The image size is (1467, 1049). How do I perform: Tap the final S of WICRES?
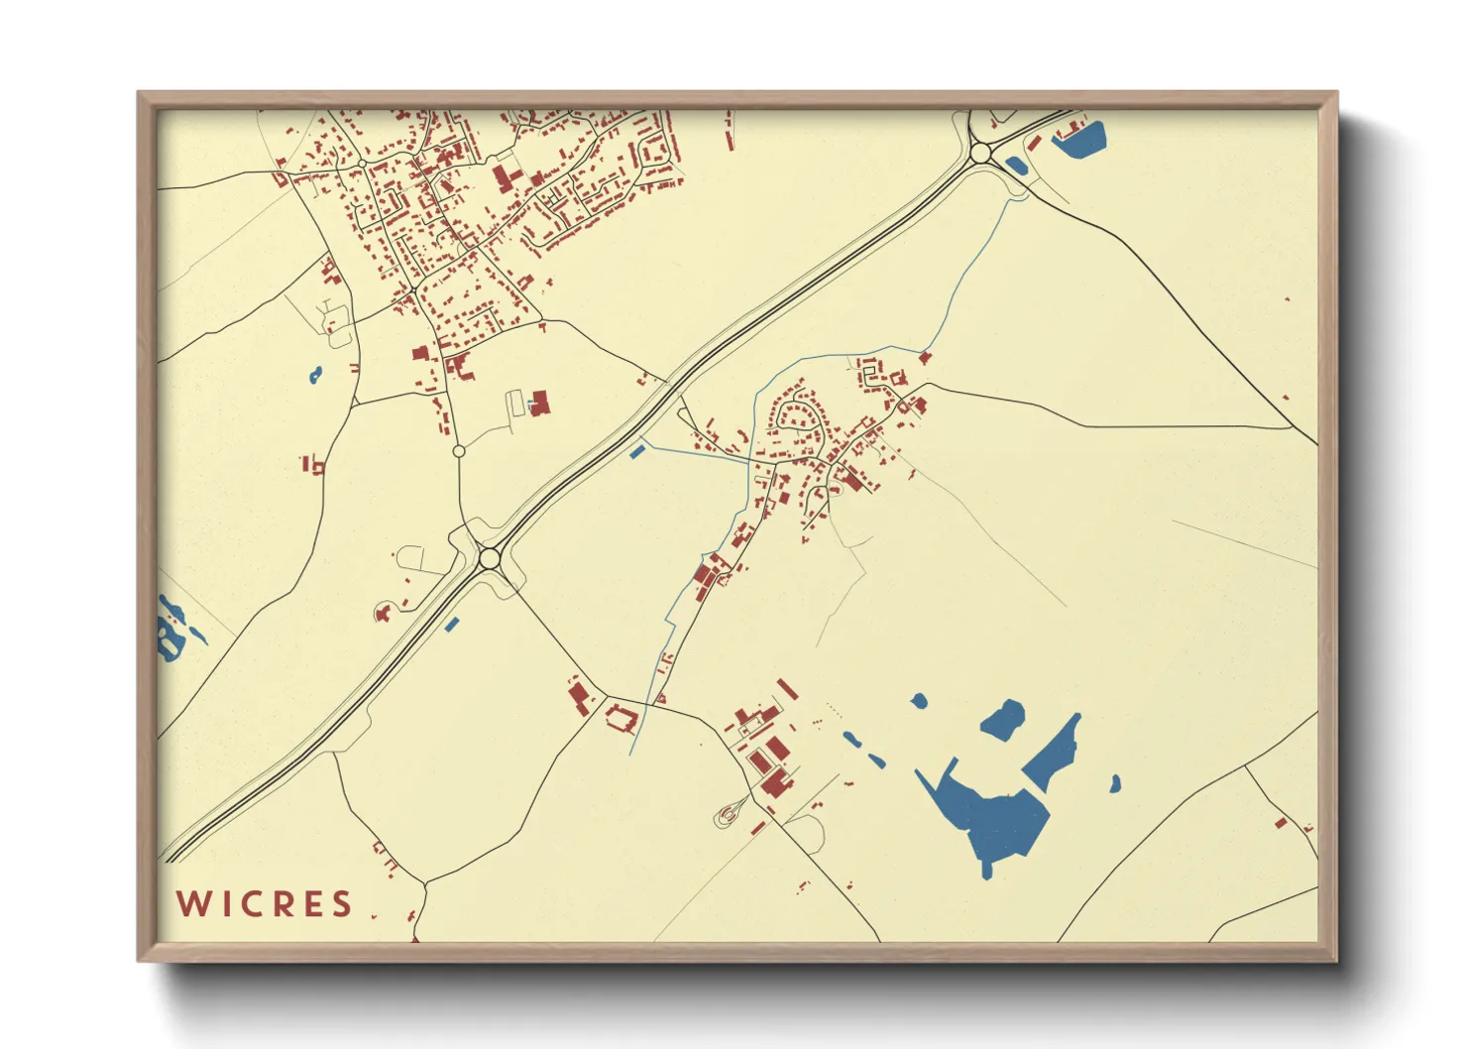click(x=342, y=904)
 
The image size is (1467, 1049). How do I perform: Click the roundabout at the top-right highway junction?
click(x=980, y=154)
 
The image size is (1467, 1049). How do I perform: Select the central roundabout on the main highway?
click(x=489, y=559)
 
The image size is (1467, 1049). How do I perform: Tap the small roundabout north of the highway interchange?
click(x=458, y=451)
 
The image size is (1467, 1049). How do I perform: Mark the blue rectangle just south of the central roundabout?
click(x=452, y=625)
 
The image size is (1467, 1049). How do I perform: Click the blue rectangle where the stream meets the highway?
click(x=636, y=453)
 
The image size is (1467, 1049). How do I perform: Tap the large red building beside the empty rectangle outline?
click(x=540, y=403)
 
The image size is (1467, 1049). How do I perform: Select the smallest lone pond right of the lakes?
click(x=1115, y=784)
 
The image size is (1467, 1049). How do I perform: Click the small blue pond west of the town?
click(x=315, y=375)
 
